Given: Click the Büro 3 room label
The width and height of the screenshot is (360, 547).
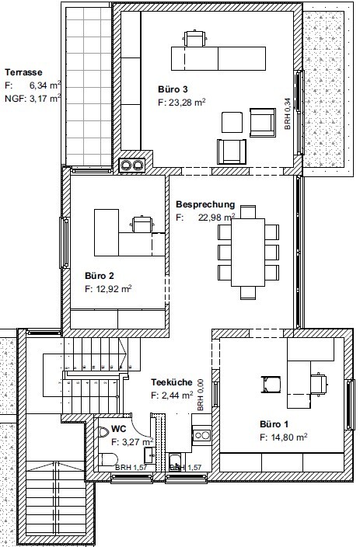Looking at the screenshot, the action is (x=173, y=89).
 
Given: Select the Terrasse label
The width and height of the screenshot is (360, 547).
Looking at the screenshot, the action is (x=23, y=72).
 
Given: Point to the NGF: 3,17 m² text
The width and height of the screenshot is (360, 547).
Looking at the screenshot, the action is (x=33, y=99).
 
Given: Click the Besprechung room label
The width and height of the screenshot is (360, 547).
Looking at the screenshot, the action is (x=205, y=204).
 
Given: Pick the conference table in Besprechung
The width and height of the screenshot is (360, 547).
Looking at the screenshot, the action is (x=248, y=253).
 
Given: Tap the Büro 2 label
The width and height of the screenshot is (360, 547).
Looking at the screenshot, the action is (x=100, y=276).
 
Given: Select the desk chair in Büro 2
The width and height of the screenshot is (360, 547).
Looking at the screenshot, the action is (x=142, y=224).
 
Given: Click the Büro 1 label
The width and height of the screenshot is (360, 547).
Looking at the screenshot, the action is (x=274, y=424).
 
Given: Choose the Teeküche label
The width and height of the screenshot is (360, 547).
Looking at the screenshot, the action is (x=171, y=382).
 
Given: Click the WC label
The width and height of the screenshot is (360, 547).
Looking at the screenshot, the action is (x=119, y=428).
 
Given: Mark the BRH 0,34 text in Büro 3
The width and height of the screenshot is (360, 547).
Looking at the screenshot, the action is (x=288, y=113).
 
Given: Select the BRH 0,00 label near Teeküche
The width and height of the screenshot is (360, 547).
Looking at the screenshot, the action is (x=200, y=395).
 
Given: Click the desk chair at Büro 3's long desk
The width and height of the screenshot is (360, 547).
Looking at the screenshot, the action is (x=194, y=38).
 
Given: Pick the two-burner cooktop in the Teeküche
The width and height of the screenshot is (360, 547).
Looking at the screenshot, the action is (x=202, y=435).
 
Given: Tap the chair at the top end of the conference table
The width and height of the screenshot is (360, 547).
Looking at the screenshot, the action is (x=248, y=212).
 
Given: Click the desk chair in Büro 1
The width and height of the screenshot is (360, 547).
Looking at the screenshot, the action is (x=318, y=385).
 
